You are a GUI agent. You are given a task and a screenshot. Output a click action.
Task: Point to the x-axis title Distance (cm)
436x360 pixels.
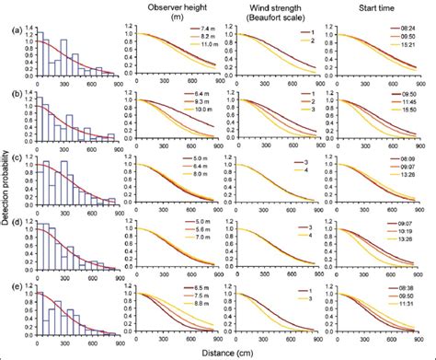pyautogui.click(x=224, y=352)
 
